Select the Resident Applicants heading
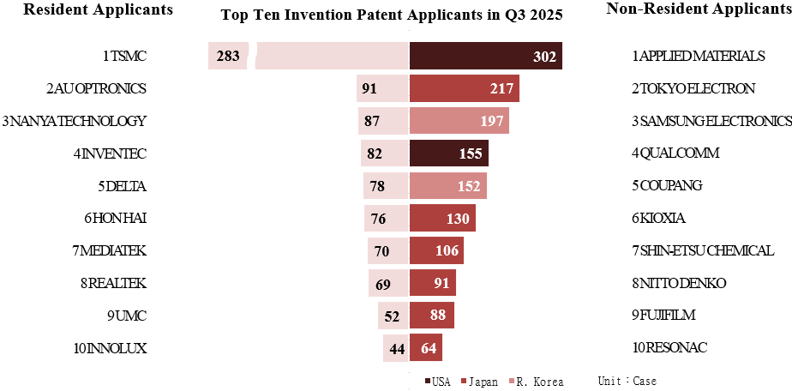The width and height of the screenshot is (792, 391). point(98,9)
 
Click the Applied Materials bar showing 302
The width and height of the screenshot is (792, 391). point(485,56)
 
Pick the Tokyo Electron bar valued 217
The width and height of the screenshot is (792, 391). point(464,88)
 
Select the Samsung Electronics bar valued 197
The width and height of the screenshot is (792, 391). point(459,121)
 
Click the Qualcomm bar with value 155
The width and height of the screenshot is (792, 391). point(448,153)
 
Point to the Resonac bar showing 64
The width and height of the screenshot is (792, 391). point(426,348)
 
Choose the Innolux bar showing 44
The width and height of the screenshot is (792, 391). point(396,348)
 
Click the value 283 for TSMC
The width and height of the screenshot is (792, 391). point(228,57)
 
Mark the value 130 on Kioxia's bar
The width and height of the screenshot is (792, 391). point(458,219)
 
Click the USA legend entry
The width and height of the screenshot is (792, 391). point(437,381)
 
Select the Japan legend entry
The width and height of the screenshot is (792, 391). point(478,381)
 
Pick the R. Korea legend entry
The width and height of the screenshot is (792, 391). point(537,381)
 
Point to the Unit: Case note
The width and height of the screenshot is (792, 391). point(627,381)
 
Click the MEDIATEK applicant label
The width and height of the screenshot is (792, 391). point(111,250)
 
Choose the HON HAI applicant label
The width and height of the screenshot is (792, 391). point(116,218)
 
